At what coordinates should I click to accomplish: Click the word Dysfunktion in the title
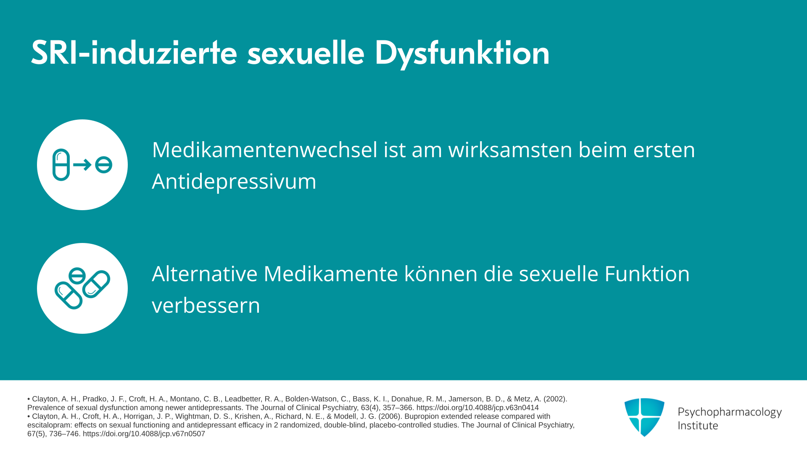coord(462,53)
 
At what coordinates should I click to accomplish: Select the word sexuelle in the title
coord(306,53)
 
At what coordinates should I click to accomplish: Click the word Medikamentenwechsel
coord(265,150)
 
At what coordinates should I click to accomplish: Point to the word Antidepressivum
coord(234,182)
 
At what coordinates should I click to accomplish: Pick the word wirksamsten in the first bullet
coord(510,150)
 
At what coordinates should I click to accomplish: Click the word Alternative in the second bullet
coord(204,274)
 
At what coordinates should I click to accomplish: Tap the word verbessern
coord(206,305)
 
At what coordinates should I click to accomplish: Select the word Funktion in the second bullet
coord(647,274)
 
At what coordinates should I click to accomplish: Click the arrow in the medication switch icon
coord(82,164)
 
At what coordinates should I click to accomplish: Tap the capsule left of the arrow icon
coord(61,165)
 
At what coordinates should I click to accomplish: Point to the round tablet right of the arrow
coord(103,165)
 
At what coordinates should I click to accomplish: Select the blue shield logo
coord(644,417)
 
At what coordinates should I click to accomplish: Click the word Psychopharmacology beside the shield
coord(730,412)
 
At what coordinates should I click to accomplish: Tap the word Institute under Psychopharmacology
coord(698,426)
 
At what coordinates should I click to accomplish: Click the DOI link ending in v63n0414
coord(477,408)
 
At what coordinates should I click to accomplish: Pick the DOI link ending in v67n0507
coord(144,434)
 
